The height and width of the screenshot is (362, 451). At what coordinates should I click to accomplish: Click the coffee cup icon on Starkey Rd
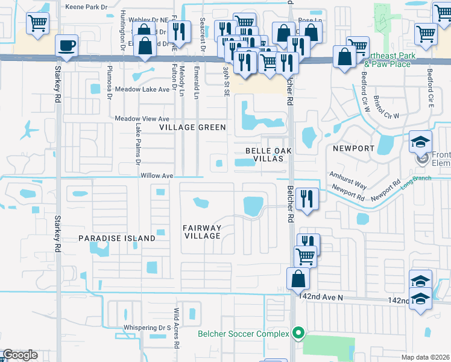pyautogui.click(x=66, y=45)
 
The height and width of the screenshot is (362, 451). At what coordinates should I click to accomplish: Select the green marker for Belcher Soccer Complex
pyautogui.click(x=297, y=332)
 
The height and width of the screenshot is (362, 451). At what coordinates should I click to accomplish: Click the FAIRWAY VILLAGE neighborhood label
pyautogui.click(x=203, y=232)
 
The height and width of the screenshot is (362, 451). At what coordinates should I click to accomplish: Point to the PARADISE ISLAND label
pyautogui.click(x=117, y=238)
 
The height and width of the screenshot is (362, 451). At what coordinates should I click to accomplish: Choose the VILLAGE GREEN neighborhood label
pyautogui.click(x=192, y=127)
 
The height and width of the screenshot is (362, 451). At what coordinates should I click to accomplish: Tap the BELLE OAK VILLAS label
pyautogui.click(x=264, y=154)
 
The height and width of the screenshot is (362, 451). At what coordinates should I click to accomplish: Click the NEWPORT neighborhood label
pyautogui.click(x=350, y=148)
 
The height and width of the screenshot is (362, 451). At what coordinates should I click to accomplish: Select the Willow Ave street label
pyautogui.click(x=157, y=176)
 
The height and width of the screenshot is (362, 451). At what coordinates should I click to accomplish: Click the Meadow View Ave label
pyautogui.click(x=142, y=119)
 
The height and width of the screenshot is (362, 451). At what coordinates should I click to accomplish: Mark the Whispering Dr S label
pyautogui.click(x=145, y=328)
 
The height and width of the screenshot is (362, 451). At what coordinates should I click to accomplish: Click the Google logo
pyautogui.click(x=20, y=355)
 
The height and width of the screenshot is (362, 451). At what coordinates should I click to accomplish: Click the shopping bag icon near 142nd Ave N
pyautogui.click(x=298, y=279)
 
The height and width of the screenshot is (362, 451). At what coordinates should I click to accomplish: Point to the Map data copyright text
pyautogui.click(x=425, y=357)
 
